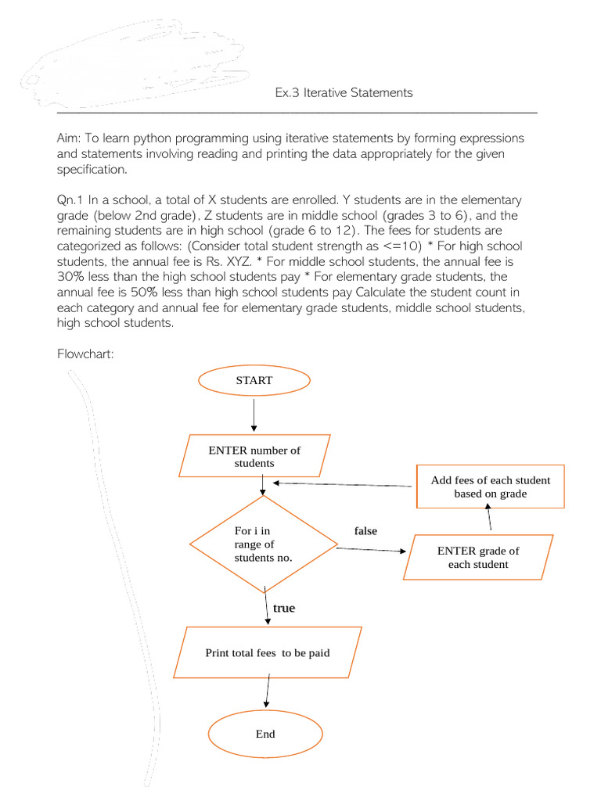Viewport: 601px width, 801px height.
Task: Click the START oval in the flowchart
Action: click(254, 381)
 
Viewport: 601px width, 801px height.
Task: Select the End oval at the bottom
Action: click(265, 734)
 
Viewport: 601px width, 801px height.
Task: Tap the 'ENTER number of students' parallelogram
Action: click(254, 456)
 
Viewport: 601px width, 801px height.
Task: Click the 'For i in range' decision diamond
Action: click(263, 544)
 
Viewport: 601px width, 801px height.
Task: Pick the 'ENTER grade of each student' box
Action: click(478, 557)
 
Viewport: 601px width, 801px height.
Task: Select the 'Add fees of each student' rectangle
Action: click(490, 487)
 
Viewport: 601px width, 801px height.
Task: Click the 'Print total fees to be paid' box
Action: click(267, 652)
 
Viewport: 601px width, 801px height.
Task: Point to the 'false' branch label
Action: click(365, 531)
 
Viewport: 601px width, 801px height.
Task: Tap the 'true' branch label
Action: click(284, 608)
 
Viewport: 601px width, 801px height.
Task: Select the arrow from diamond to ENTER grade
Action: click(371, 550)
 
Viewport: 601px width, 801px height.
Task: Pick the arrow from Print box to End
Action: click(268, 692)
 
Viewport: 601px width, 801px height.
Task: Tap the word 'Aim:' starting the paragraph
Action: click(70, 138)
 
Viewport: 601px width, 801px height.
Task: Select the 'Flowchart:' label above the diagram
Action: click(86, 354)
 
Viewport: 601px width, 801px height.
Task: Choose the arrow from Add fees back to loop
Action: click(344, 484)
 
